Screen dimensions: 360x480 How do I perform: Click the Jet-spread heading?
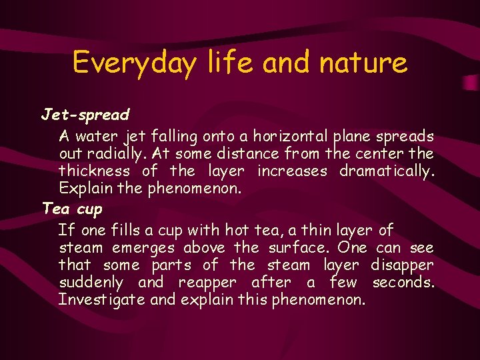tap(85, 115)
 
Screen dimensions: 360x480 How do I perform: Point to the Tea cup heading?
tap(72, 209)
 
